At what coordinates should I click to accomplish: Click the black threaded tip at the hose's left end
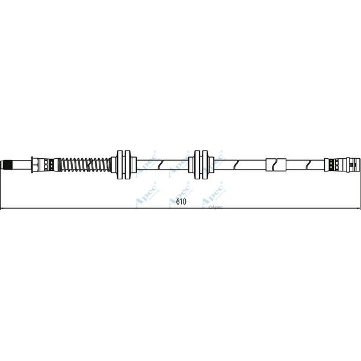(x=7, y=164)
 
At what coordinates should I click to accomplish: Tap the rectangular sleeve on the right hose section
(x=276, y=164)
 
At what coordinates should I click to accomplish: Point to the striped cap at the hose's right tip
(x=356, y=164)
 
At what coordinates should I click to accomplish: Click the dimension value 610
(x=181, y=202)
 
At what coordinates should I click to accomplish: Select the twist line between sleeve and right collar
(x=307, y=164)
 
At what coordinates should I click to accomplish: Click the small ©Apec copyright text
(x=215, y=206)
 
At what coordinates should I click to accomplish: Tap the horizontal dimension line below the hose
(x=90, y=209)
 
